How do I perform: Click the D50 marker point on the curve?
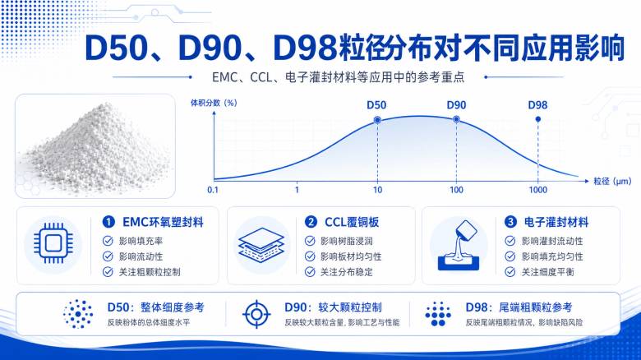[377, 120]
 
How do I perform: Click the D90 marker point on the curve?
[456, 119]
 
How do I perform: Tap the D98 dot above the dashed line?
[538, 119]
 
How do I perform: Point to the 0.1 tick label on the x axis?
[213, 190]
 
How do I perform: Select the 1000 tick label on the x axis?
[538, 190]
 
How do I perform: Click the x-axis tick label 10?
[377, 190]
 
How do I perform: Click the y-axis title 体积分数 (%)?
[214, 103]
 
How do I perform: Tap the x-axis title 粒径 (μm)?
[612, 181]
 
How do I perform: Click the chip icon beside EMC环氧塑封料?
[53, 243]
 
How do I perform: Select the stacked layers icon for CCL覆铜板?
[261, 245]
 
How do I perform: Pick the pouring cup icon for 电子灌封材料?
[459, 246]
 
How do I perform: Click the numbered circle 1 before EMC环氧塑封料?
[108, 222]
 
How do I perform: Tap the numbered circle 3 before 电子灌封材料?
[510, 222]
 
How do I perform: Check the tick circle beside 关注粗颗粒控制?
[108, 271]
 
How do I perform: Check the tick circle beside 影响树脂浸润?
[310, 241]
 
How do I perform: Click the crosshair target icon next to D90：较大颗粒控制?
[256, 314]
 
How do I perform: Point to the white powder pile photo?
[95, 146]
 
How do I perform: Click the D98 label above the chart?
[537, 105]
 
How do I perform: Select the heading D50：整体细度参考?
[155, 307]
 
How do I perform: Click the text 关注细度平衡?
[548, 272]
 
